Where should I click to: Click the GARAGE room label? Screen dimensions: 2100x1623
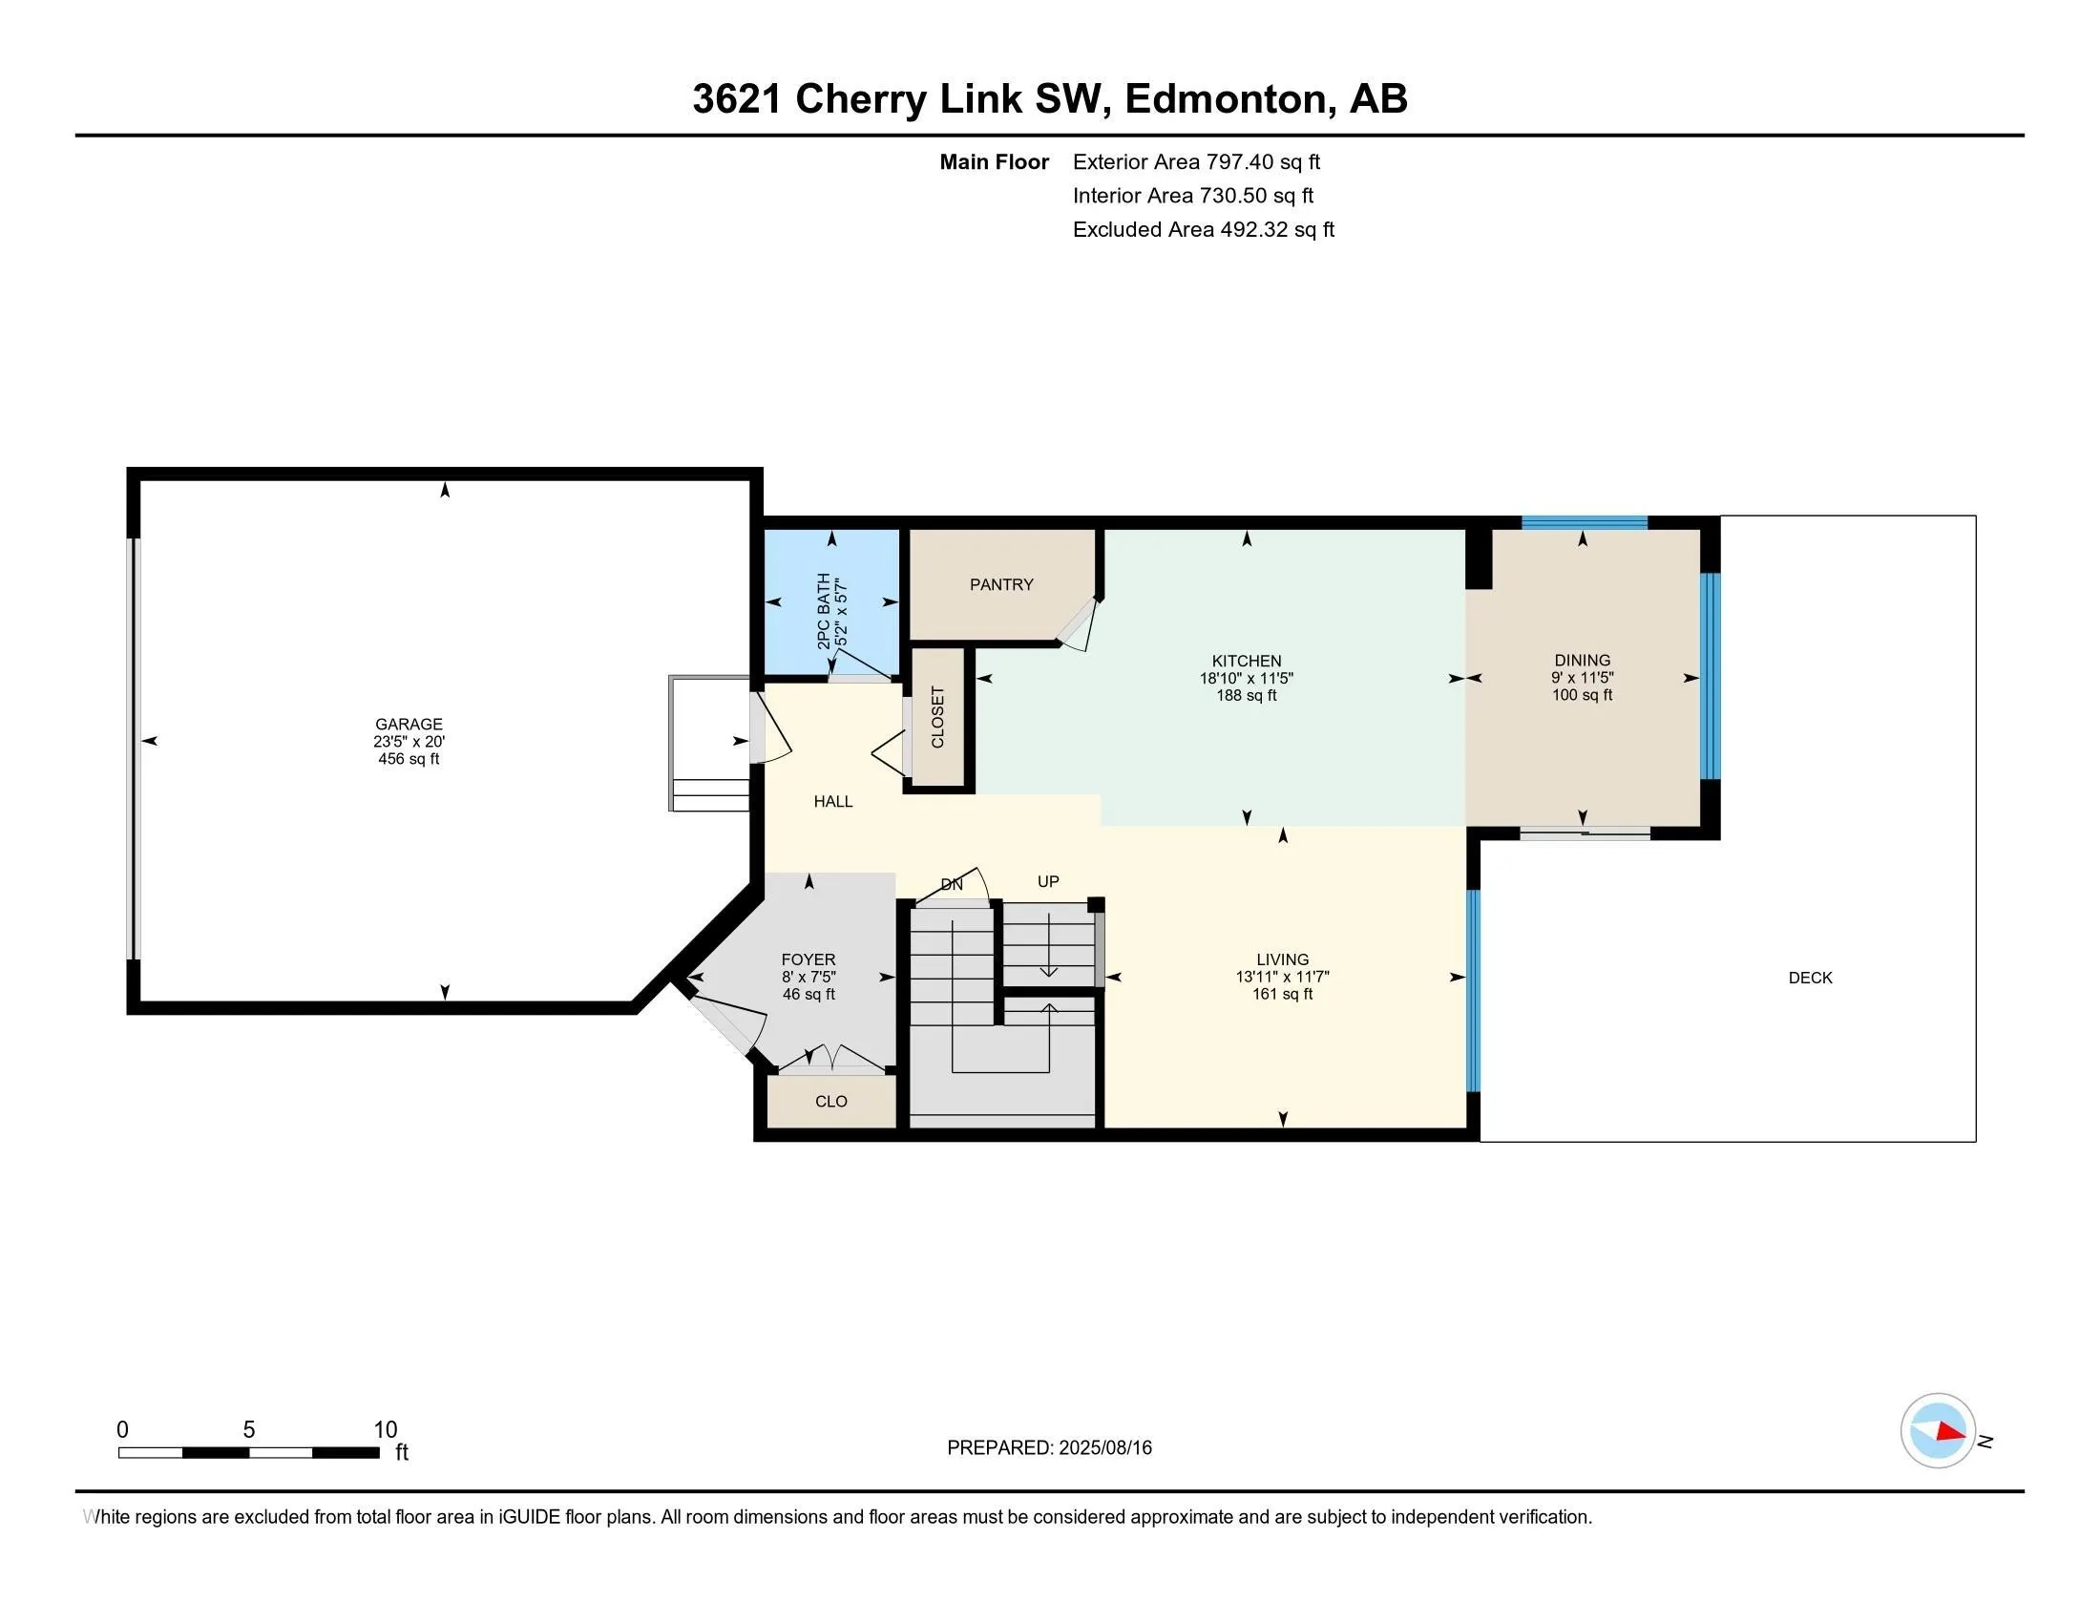(409, 724)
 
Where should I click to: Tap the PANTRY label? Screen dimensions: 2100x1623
(1001, 584)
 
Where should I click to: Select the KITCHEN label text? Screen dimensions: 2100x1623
(1246, 661)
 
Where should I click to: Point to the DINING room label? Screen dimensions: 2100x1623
(1582, 660)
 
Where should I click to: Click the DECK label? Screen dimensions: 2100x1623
(1810, 978)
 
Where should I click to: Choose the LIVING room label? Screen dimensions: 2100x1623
(1282, 959)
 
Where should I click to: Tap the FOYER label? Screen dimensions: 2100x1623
(808, 959)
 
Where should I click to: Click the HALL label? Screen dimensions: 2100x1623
(832, 801)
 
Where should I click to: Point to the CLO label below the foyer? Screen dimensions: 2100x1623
(830, 1101)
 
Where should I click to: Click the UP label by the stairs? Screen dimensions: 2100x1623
(1048, 881)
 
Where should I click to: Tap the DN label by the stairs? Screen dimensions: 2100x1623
(951, 885)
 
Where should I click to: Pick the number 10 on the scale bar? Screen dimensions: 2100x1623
(385, 1430)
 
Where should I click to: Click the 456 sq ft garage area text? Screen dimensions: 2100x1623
(409, 759)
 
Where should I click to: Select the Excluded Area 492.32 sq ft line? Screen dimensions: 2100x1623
(1203, 230)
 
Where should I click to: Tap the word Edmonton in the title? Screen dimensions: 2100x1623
(1225, 99)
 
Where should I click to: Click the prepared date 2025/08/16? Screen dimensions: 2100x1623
(1103, 1448)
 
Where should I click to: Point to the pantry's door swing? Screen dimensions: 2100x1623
(1079, 625)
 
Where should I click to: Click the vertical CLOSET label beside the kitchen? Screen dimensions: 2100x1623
(937, 717)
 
